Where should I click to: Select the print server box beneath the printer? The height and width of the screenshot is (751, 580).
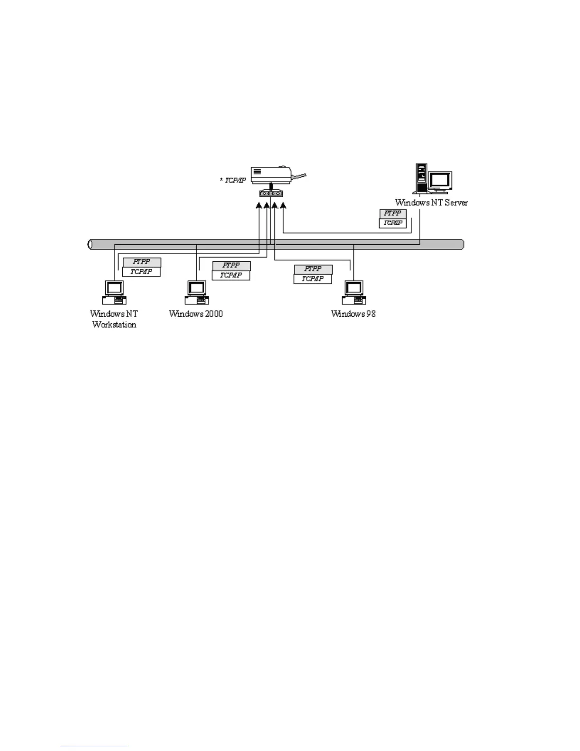[x=271, y=193]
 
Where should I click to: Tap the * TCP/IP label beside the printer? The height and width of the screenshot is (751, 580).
[x=233, y=180]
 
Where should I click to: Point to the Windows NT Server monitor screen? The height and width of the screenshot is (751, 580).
[x=439, y=180]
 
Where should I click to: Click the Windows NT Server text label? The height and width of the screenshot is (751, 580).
[x=431, y=202]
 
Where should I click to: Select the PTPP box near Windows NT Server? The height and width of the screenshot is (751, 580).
[x=393, y=214]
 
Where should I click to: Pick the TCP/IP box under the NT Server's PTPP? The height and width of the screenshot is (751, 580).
[x=393, y=223]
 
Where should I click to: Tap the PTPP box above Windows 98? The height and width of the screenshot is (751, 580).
[x=313, y=269]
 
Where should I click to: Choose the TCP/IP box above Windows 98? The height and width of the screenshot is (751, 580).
[x=313, y=279]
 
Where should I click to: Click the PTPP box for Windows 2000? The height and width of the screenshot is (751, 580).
[x=231, y=266]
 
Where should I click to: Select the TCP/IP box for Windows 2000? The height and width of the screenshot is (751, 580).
[x=231, y=275]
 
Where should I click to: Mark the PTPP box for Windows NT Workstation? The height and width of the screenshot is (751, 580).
[x=142, y=262]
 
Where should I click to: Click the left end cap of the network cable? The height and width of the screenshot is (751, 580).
[x=90, y=244]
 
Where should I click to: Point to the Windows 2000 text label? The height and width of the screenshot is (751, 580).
[x=196, y=314]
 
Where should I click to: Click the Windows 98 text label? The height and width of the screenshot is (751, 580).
[x=353, y=314]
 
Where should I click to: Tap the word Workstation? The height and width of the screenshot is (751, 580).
[x=114, y=325]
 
